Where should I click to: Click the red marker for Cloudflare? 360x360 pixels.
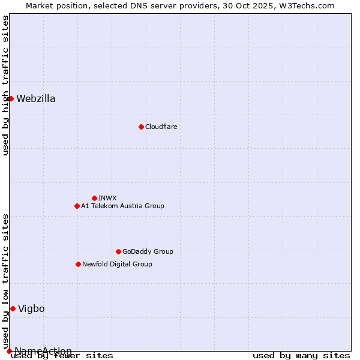click(x=141, y=127)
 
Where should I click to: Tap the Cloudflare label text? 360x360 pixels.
click(x=161, y=127)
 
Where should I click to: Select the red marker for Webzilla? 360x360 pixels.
click(x=11, y=98)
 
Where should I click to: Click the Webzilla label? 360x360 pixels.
click(x=36, y=99)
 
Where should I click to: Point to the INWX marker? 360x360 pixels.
click(x=94, y=198)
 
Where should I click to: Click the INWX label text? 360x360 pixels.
click(x=108, y=198)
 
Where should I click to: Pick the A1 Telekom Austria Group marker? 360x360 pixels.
click(x=77, y=206)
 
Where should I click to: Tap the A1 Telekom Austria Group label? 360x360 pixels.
click(x=122, y=206)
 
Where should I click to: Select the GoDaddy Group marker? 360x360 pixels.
click(x=118, y=251)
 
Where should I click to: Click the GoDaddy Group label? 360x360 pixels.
click(x=148, y=251)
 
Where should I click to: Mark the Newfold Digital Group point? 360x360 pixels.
click(x=78, y=264)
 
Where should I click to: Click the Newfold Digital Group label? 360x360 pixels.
click(x=117, y=264)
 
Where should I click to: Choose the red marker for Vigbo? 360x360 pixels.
click(x=13, y=308)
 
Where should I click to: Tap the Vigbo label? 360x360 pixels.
click(x=31, y=309)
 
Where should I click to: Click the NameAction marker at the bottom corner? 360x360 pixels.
click(x=9, y=351)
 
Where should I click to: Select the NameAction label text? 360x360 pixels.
click(x=43, y=351)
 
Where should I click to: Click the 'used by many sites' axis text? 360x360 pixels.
click(x=301, y=356)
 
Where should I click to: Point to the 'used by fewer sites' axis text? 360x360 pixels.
click(x=62, y=356)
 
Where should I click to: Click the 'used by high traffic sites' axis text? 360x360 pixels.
click(x=6, y=85)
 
